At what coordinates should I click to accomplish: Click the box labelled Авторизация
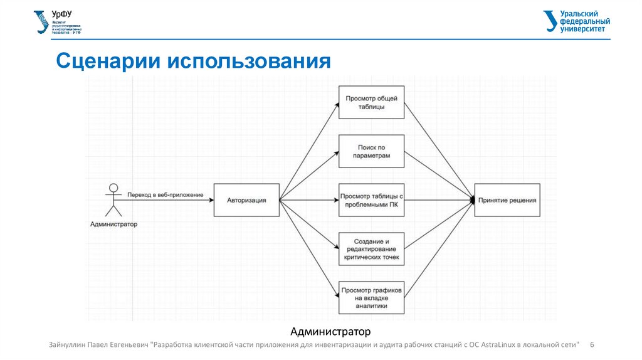[x=246, y=200]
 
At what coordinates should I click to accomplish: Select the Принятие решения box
[x=507, y=200]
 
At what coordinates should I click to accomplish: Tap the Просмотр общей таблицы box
[x=372, y=102]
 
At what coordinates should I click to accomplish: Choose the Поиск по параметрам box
[x=372, y=151]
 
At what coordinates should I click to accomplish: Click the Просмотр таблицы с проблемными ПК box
[x=372, y=200]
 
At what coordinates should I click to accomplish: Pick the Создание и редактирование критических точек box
[x=372, y=249]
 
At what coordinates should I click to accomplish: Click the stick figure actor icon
[x=113, y=199]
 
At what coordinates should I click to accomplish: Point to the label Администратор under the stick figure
[x=113, y=224]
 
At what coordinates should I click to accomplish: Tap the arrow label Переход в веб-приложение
[x=165, y=195]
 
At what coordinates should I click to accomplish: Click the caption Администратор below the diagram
[x=331, y=331]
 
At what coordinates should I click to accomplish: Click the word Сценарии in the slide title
[x=107, y=61]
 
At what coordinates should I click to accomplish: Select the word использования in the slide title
[x=248, y=61]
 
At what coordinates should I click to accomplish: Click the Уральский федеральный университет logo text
[x=578, y=21]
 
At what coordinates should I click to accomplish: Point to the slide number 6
[x=592, y=345]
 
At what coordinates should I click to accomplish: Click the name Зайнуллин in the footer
[x=68, y=345]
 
